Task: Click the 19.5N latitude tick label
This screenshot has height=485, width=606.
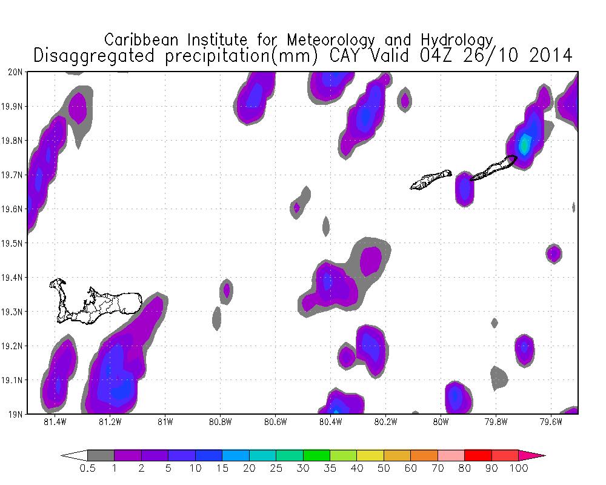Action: tap(13, 244)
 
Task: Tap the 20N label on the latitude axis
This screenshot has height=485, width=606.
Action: tap(16, 72)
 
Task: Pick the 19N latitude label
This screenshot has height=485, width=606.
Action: tap(16, 415)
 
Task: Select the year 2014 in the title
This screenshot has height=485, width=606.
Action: tap(543, 56)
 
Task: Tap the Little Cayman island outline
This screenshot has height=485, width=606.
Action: tap(430, 179)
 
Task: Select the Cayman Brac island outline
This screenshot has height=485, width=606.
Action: tap(494, 168)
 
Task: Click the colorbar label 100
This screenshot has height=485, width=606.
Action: tap(519, 469)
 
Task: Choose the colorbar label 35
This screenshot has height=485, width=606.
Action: tap(330, 469)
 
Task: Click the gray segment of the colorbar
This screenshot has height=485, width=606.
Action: tap(101, 455)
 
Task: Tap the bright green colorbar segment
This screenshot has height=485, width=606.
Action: tap(316, 455)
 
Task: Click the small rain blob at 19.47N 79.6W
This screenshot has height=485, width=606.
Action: tap(553, 253)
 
